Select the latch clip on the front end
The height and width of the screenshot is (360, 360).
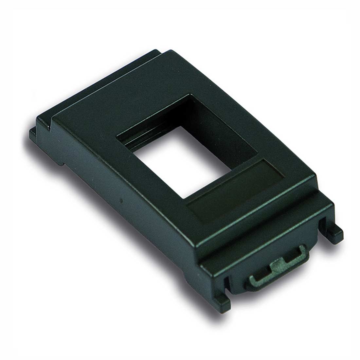click(x=277, y=265)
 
